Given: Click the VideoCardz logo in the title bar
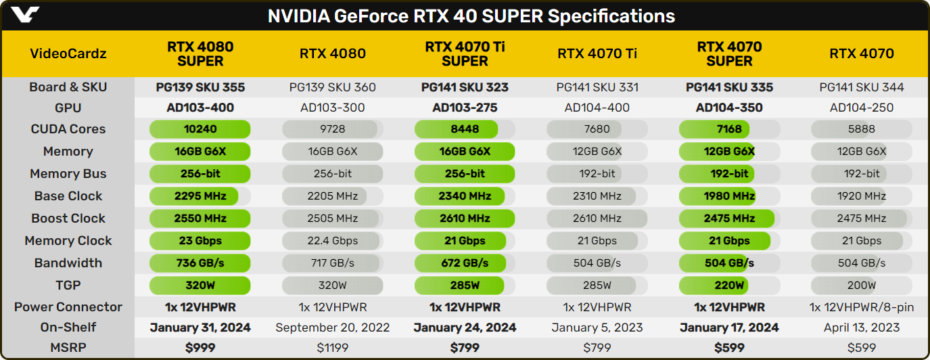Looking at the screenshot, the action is (25, 14).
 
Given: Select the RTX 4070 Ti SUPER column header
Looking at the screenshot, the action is (465, 54).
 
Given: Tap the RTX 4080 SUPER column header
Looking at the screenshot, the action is (200, 54).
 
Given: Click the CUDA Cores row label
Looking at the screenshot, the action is (68, 129).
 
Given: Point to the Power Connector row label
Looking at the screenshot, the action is (68, 307).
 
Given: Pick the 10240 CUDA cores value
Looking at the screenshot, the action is (200, 129).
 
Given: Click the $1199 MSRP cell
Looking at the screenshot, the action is (333, 348).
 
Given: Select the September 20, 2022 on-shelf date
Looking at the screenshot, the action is (333, 328).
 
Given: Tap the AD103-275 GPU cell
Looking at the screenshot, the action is (465, 108).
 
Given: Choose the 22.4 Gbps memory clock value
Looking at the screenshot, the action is (333, 241).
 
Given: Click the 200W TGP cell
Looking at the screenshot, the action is (862, 286).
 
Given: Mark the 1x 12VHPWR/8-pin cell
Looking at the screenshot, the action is (862, 307).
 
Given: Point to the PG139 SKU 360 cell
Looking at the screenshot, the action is (333, 87).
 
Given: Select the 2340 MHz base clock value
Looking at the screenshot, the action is (465, 196).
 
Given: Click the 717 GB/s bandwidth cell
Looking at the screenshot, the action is (333, 263).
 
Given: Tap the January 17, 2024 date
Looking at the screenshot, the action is (729, 328).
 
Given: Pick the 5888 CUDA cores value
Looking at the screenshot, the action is (862, 129).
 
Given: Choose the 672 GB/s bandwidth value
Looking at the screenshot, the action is (465, 263).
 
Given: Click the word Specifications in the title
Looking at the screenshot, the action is (611, 16).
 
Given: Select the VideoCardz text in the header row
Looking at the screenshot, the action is (68, 53).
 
